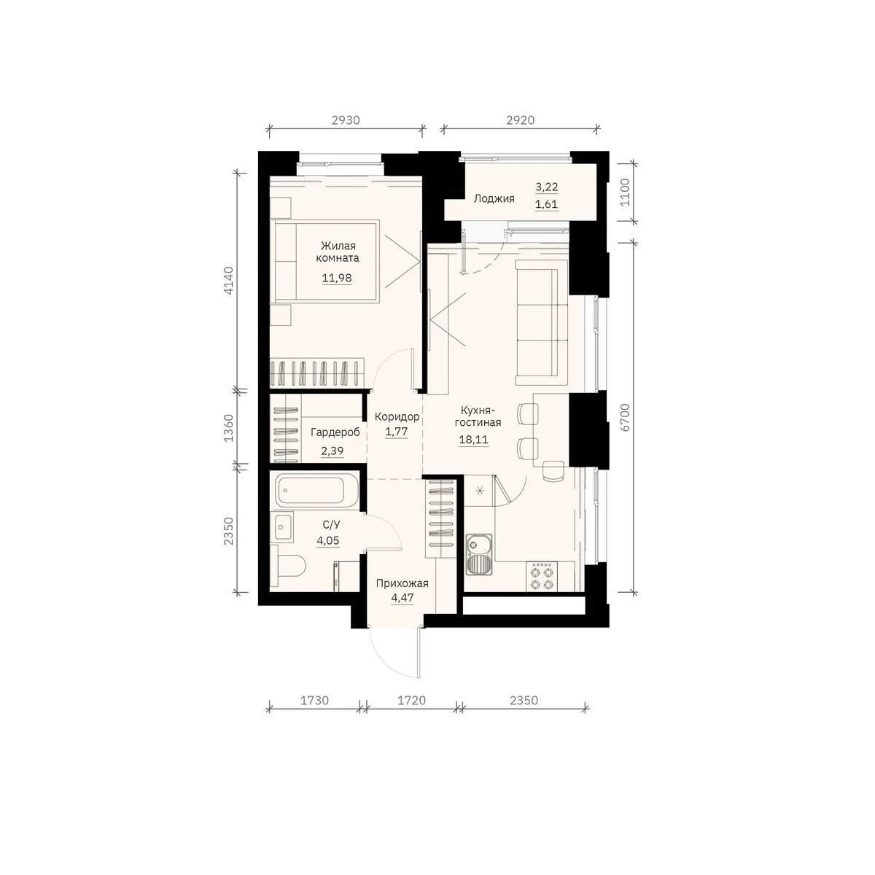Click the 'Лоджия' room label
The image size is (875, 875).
pos(494,198)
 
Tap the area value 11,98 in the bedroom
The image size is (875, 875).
pos(337,278)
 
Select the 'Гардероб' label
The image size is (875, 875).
pos(335,432)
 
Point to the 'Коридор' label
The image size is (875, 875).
pos(397,416)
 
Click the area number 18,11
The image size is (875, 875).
pos(474,440)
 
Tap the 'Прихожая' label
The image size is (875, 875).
pos(402,583)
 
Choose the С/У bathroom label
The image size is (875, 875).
pos(331,525)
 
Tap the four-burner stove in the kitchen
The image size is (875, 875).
pos(544,577)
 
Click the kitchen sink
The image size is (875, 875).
pos(478,554)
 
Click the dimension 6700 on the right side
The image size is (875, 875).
pos(625,417)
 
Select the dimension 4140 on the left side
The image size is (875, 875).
pos(229,280)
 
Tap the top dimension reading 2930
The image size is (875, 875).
pos(346,120)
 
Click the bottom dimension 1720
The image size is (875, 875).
pos(412,701)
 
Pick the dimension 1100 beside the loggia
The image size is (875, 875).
pos(625,192)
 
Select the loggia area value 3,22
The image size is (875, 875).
pos(547,187)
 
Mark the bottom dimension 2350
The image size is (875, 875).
pos(524,701)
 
